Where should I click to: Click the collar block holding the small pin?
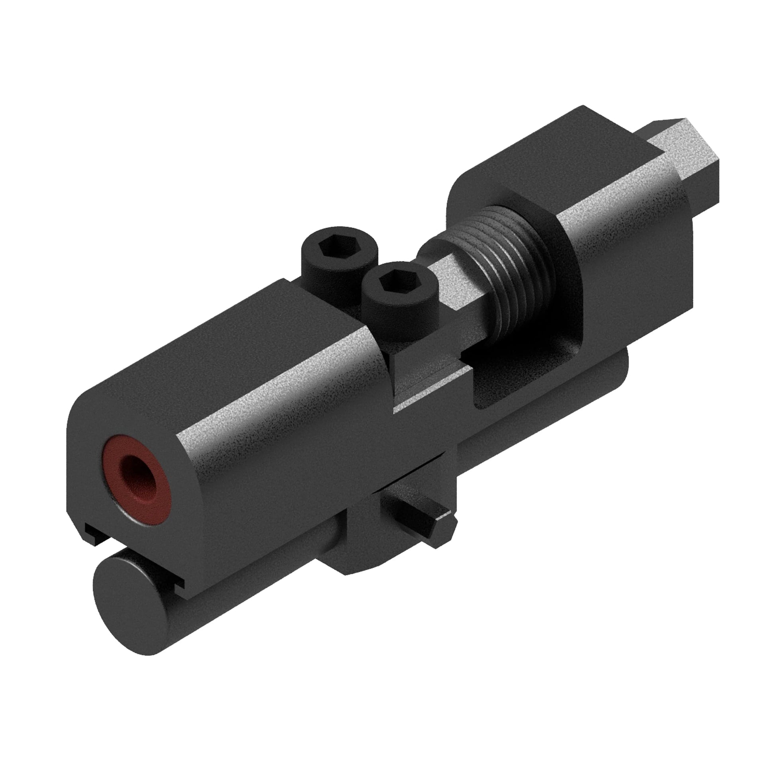click(x=361, y=534)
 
